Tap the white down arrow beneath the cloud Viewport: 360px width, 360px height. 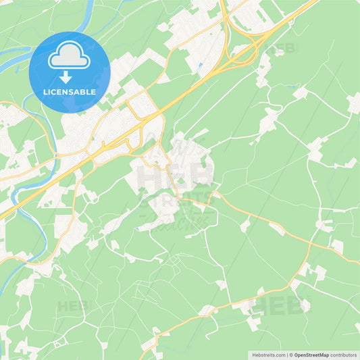70,76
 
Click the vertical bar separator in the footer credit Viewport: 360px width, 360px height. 287,355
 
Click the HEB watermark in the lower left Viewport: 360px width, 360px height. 72,306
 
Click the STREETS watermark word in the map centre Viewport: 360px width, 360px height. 177,203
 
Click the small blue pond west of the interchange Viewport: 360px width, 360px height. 200,66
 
